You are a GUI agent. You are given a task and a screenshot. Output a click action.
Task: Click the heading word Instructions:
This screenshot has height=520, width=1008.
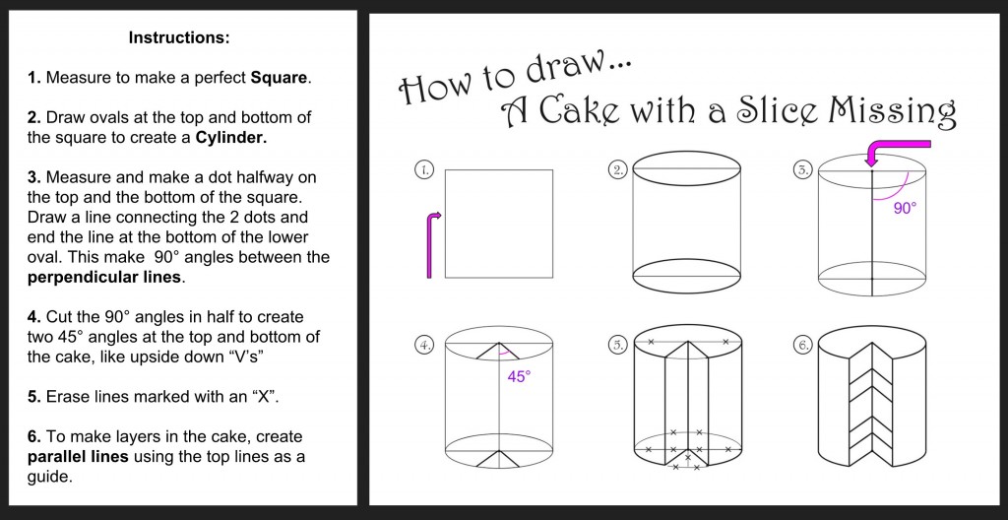pyautogui.click(x=179, y=38)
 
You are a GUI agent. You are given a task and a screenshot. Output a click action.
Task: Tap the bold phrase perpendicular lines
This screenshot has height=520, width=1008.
pyautogui.click(x=104, y=277)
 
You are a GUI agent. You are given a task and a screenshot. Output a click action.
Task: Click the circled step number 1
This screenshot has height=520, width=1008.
pyautogui.click(x=423, y=170)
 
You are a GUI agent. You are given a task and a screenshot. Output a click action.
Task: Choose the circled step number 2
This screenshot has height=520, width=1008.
pyautogui.click(x=618, y=170)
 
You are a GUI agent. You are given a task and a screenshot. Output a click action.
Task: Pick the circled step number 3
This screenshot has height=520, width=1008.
pyautogui.click(x=802, y=170)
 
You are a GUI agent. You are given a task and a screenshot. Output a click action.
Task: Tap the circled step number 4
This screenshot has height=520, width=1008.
pyautogui.click(x=423, y=345)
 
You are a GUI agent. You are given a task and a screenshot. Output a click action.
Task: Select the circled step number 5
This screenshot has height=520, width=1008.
pyautogui.click(x=618, y=345)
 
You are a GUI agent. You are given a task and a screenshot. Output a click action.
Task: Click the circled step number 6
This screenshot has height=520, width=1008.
pyautogui.click(x=802, y=345)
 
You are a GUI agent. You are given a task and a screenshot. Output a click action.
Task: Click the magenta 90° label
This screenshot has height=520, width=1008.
pyautogui.click(x=905, y=209)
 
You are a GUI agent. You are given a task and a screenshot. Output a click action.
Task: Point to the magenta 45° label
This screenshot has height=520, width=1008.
pyautogui.click(x=519, y=376)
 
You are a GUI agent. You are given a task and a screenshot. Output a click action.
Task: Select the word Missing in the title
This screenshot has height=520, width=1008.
pyautogui.click(x=892, y=111)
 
